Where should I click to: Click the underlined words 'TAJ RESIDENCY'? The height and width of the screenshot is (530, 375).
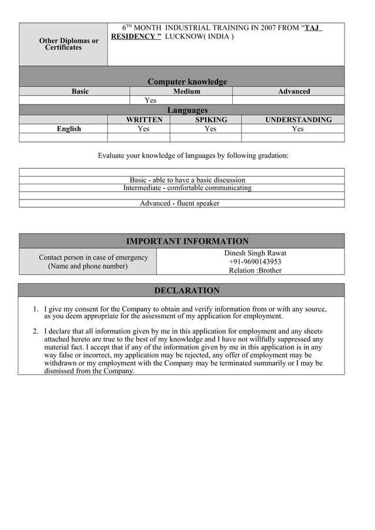[x=136, y=36]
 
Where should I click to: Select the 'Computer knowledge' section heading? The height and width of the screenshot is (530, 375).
[x=187, y=82]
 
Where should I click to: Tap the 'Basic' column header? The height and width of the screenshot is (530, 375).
[x=80, y=92]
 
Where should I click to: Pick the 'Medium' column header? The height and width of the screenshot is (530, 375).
[x=186, y=92]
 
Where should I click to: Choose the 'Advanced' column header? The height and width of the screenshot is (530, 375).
[x=294, y=92]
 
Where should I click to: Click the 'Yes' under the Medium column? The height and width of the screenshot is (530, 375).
[x=150, y=100]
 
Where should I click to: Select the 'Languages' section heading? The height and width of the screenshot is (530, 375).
[x=187, y=110]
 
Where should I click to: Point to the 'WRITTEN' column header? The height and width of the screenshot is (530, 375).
[x=144, y=120]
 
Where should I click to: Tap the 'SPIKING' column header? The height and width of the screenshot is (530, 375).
[x=211, y=120]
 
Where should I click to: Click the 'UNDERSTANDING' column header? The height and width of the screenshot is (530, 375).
[x=298, y=120]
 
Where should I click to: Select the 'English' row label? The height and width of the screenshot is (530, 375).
[x=69, y=129]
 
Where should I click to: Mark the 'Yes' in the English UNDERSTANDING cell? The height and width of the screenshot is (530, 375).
[x=298, y=129]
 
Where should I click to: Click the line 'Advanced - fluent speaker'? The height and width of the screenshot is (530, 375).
[x=179, y=204]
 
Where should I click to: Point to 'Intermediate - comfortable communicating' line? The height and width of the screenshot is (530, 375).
[x=187, y=188]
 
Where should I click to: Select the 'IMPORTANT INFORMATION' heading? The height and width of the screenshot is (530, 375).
[x=187, y=241]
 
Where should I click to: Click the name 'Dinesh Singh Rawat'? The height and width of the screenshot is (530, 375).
[x=255, y=253]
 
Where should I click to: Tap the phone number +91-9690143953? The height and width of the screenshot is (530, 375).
[x=255, y=262]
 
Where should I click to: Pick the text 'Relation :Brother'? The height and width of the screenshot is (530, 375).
[x=255, y=271]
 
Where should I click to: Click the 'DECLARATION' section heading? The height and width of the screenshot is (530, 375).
[x=186, y=291]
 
